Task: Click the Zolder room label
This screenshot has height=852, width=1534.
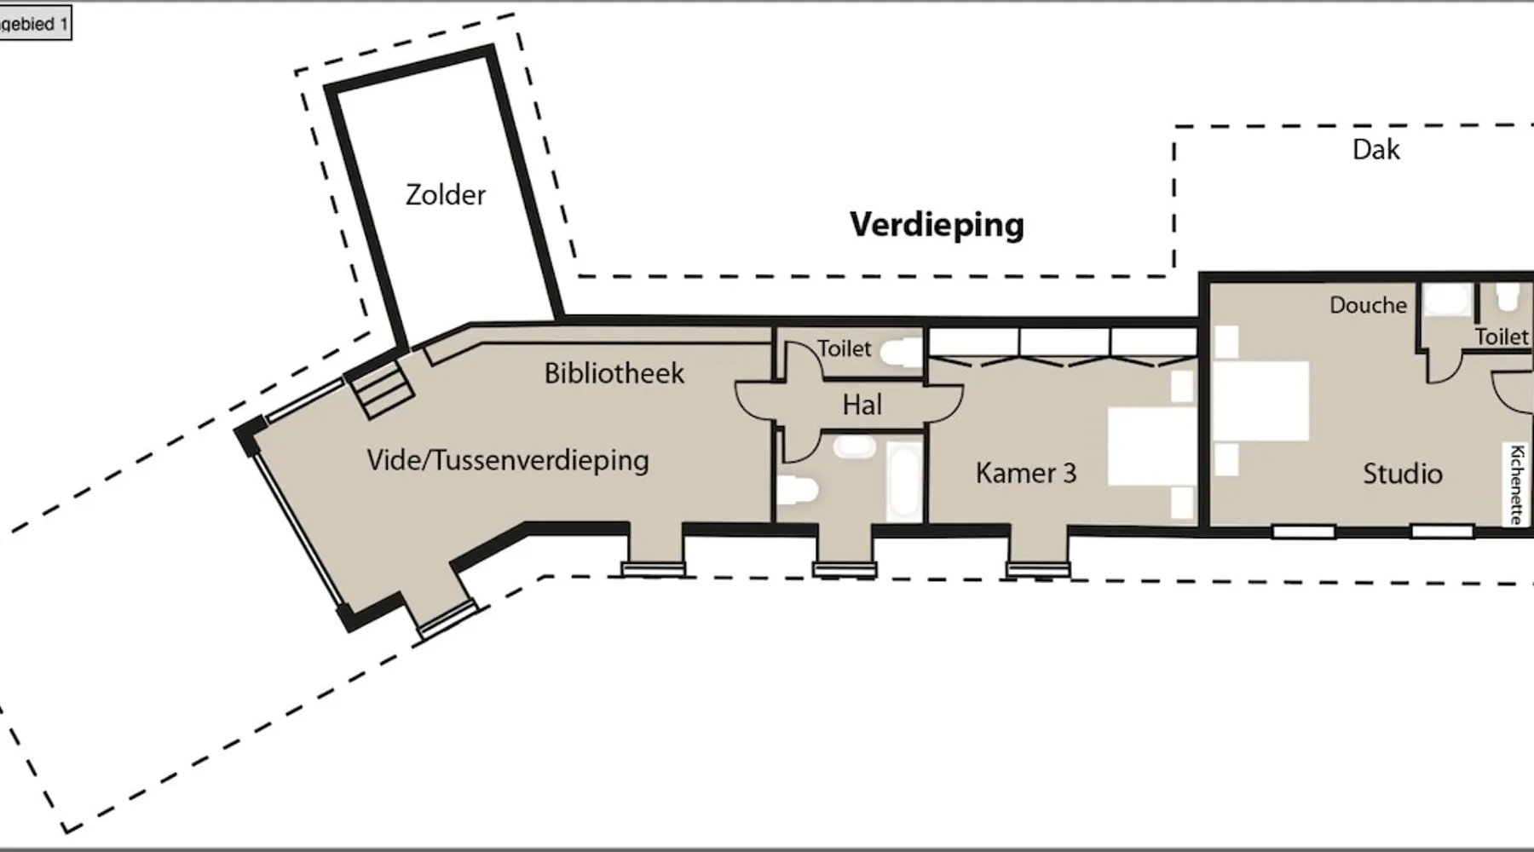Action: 445,195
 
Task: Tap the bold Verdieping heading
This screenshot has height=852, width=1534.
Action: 937,225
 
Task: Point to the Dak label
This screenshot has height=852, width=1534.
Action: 1375,150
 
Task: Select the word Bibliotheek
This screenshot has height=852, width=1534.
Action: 614,373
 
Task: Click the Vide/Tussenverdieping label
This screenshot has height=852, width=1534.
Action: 508,460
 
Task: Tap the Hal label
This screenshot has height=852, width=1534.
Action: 862,405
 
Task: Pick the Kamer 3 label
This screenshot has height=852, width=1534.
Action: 1026,473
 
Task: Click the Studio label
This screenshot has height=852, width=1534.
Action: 1402,474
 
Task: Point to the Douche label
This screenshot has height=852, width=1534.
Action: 1368,305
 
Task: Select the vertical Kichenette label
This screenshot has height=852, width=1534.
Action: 1516,484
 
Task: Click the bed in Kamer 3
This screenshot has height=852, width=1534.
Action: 1152,446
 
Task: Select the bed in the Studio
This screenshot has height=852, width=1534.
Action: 1260,400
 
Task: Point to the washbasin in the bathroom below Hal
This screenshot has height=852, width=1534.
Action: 854,447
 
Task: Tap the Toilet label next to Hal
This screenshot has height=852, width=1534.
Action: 844,348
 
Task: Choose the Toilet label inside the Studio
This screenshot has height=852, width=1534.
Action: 1502,337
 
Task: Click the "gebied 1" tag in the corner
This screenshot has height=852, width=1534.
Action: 34,24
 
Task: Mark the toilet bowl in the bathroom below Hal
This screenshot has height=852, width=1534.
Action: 799,491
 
